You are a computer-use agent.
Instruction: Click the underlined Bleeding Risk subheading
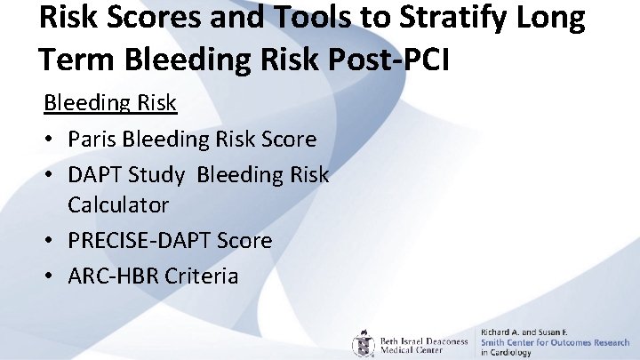point(111,103)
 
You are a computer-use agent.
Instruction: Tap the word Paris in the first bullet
point(94,140)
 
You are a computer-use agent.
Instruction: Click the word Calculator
point(118,204)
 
